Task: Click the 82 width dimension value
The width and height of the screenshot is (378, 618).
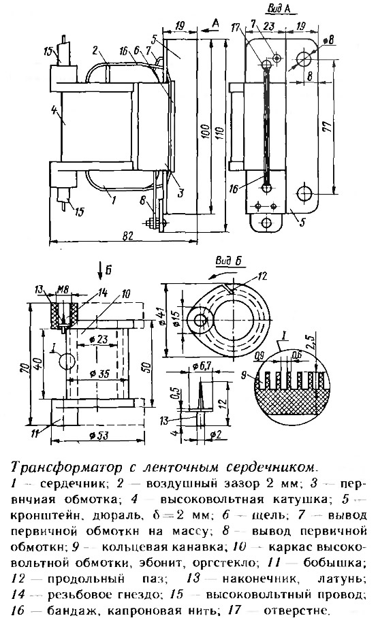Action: (128, 235)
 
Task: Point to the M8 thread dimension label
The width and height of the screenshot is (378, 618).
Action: (63, 289)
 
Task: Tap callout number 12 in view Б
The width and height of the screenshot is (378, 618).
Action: (262, 276)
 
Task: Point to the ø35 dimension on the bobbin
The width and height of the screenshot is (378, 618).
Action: (99, 374)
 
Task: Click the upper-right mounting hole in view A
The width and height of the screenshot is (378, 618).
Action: (305, 59)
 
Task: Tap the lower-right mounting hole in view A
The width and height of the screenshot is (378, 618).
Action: (305, 193)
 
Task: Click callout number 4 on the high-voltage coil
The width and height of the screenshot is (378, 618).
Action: (54, 109)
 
